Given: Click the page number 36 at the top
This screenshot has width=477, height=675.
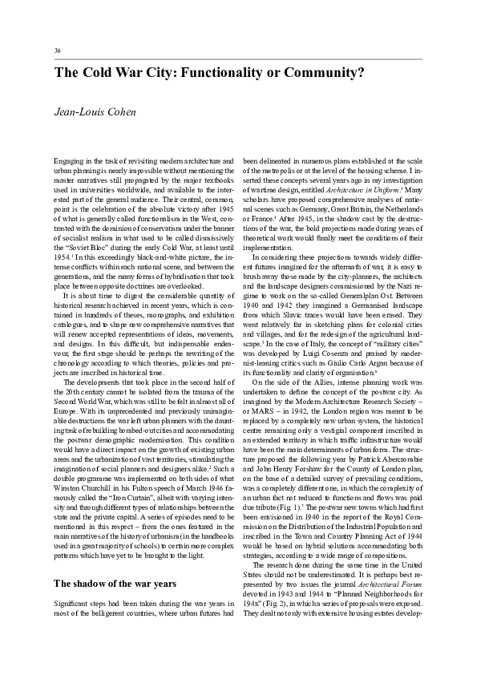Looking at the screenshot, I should coord(58,51).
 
